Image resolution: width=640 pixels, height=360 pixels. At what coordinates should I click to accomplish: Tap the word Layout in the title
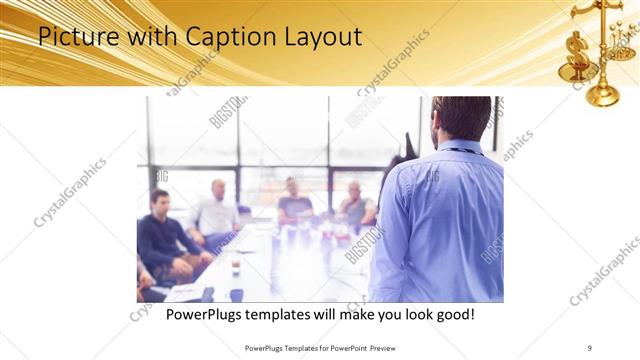tap(319, 38)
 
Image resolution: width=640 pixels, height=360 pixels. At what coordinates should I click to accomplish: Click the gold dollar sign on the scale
tap(578, 51)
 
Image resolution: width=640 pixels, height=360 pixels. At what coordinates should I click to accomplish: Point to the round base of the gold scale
tap(602, 96)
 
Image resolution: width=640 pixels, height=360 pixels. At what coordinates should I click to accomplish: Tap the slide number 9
tap(590, 347)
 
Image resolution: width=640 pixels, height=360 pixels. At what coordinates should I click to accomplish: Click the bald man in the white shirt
tap(216, 210)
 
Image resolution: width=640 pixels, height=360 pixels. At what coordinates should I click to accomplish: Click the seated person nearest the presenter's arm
tap(355, 205)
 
